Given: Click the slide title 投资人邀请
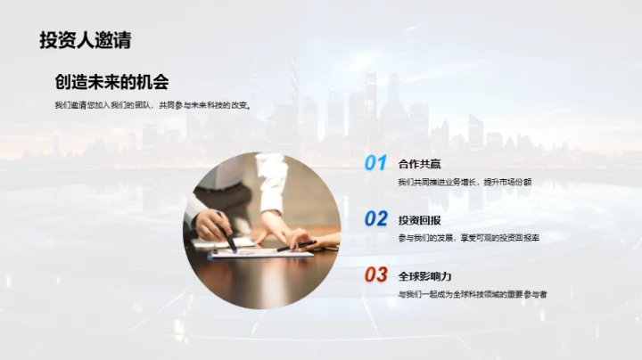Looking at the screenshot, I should [85, 39].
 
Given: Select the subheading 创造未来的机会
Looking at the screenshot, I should [111, 82].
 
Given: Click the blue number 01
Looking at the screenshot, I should [375, 163].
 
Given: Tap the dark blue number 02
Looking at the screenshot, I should [375, 218].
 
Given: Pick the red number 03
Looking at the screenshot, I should [375, 274].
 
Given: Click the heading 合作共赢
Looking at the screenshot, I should [419, 163].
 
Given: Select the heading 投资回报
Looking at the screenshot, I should [419, 219].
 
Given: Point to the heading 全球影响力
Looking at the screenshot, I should [424, 274].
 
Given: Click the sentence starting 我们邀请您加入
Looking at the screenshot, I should [152, 106].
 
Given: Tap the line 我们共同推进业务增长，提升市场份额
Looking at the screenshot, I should [465, 182].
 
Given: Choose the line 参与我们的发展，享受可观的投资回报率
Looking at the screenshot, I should [469, 238].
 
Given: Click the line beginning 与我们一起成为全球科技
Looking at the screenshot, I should [473, 294].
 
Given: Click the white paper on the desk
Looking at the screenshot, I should [259, 252].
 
